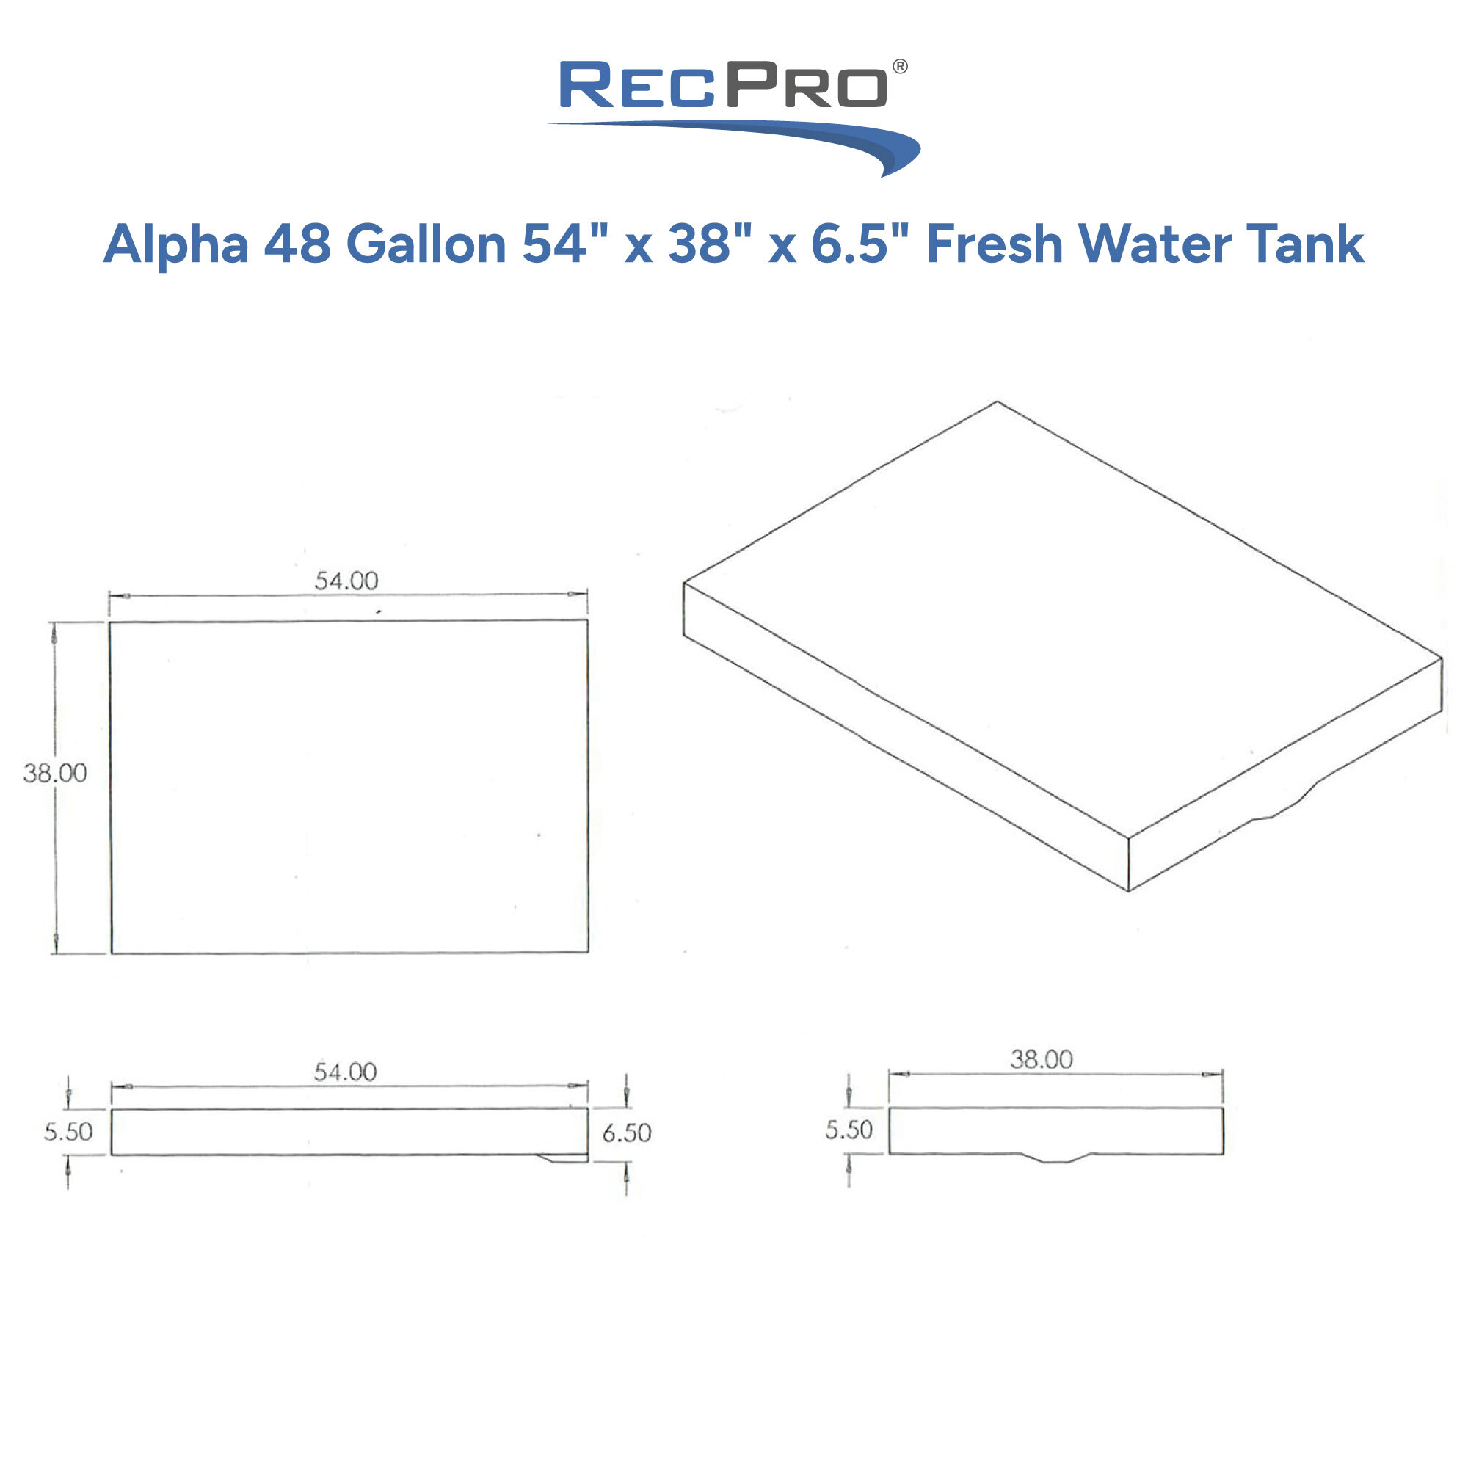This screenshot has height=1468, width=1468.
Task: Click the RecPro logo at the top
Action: click(733, 114)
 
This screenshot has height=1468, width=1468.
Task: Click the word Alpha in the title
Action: click(175, 244)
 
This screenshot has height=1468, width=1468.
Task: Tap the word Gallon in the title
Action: click(426, 244)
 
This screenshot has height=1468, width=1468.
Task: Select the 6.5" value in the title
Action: click(858, 244)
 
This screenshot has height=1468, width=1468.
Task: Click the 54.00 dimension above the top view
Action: click(346, 581)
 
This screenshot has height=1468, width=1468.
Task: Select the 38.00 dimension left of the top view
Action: click(55, 774)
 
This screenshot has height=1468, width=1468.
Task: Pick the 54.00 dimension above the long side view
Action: click(345, 1072)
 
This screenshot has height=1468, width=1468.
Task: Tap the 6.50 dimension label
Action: click(627, 1133)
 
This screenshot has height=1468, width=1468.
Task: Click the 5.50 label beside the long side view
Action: click(68, 1132)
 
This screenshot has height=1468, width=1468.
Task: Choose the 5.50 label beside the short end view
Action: click(849, 1130)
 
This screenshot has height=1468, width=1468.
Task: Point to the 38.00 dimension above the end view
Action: click(1041, 1059)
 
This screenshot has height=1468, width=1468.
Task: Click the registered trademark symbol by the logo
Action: click(900, 67)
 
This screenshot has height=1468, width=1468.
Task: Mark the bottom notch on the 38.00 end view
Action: click(1055, 1158)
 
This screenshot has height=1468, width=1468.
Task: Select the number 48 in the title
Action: click(297, 244)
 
